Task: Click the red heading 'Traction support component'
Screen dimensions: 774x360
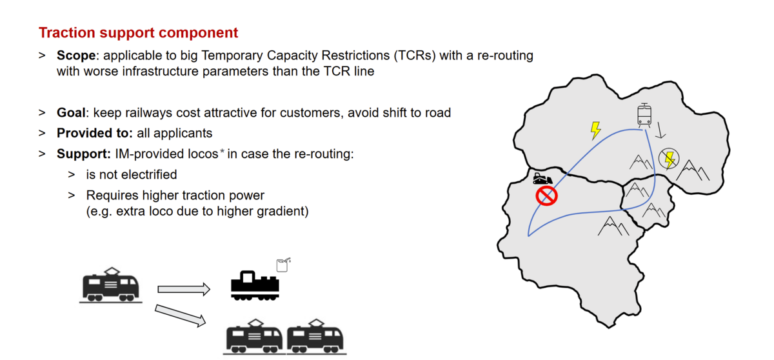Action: click(x=138, y=33)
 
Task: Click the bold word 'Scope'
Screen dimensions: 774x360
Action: click(x=76, y=55)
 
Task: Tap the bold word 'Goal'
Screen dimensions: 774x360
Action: click(x=71, y=113)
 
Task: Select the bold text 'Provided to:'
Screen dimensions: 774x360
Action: click(x=95, y=133)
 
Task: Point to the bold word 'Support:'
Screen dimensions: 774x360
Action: click(x=84, y=154)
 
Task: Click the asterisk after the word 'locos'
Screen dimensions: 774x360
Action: click(x=222, y=152)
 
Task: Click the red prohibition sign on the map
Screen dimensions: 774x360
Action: click(x=547, y=196)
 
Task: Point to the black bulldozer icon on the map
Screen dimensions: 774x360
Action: click(x=542, y=179)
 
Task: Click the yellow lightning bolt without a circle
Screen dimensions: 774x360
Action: click(x=595, y=130)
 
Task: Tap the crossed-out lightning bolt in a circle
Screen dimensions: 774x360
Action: click(x=670, y=159)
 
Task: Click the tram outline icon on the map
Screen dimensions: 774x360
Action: click(x=644, y=115)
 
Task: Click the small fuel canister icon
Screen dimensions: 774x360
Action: click(x=283, y=265)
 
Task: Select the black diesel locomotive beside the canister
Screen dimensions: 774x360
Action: click(x=255, y=286)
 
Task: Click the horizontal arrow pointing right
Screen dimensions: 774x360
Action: click(x=184, y=289)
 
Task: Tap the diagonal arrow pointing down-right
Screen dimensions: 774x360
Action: click(x=181, y=315)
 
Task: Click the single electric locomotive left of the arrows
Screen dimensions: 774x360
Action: click(x=111, y=285)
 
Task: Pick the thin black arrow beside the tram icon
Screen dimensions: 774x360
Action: click(x=660, y=130)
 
